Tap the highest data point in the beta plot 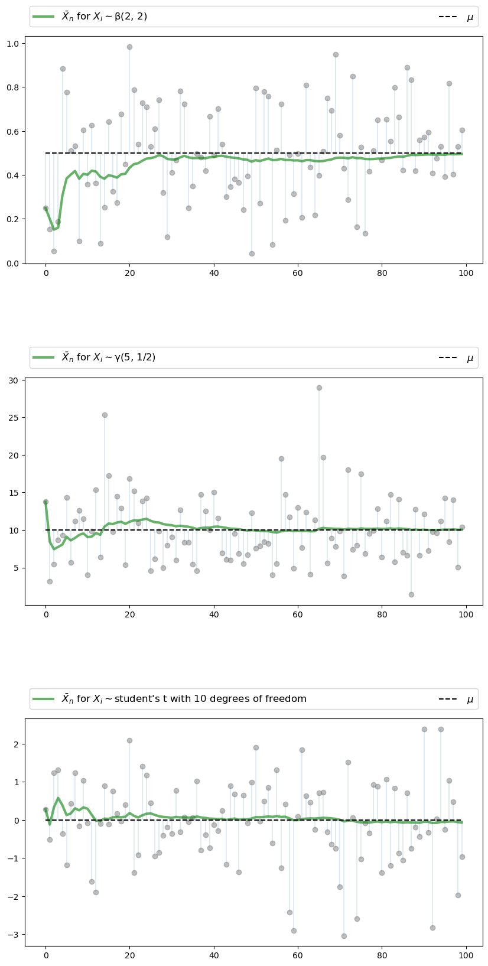[129, 47]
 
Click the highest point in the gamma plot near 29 [319, 388]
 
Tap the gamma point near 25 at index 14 [105, 415]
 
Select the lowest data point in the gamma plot [411, 594]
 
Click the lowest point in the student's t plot [344, 936]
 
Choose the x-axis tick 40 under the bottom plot [214, 957]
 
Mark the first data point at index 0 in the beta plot [45, 208]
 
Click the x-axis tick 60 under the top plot [298, 273]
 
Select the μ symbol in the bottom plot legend [470, 700]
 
